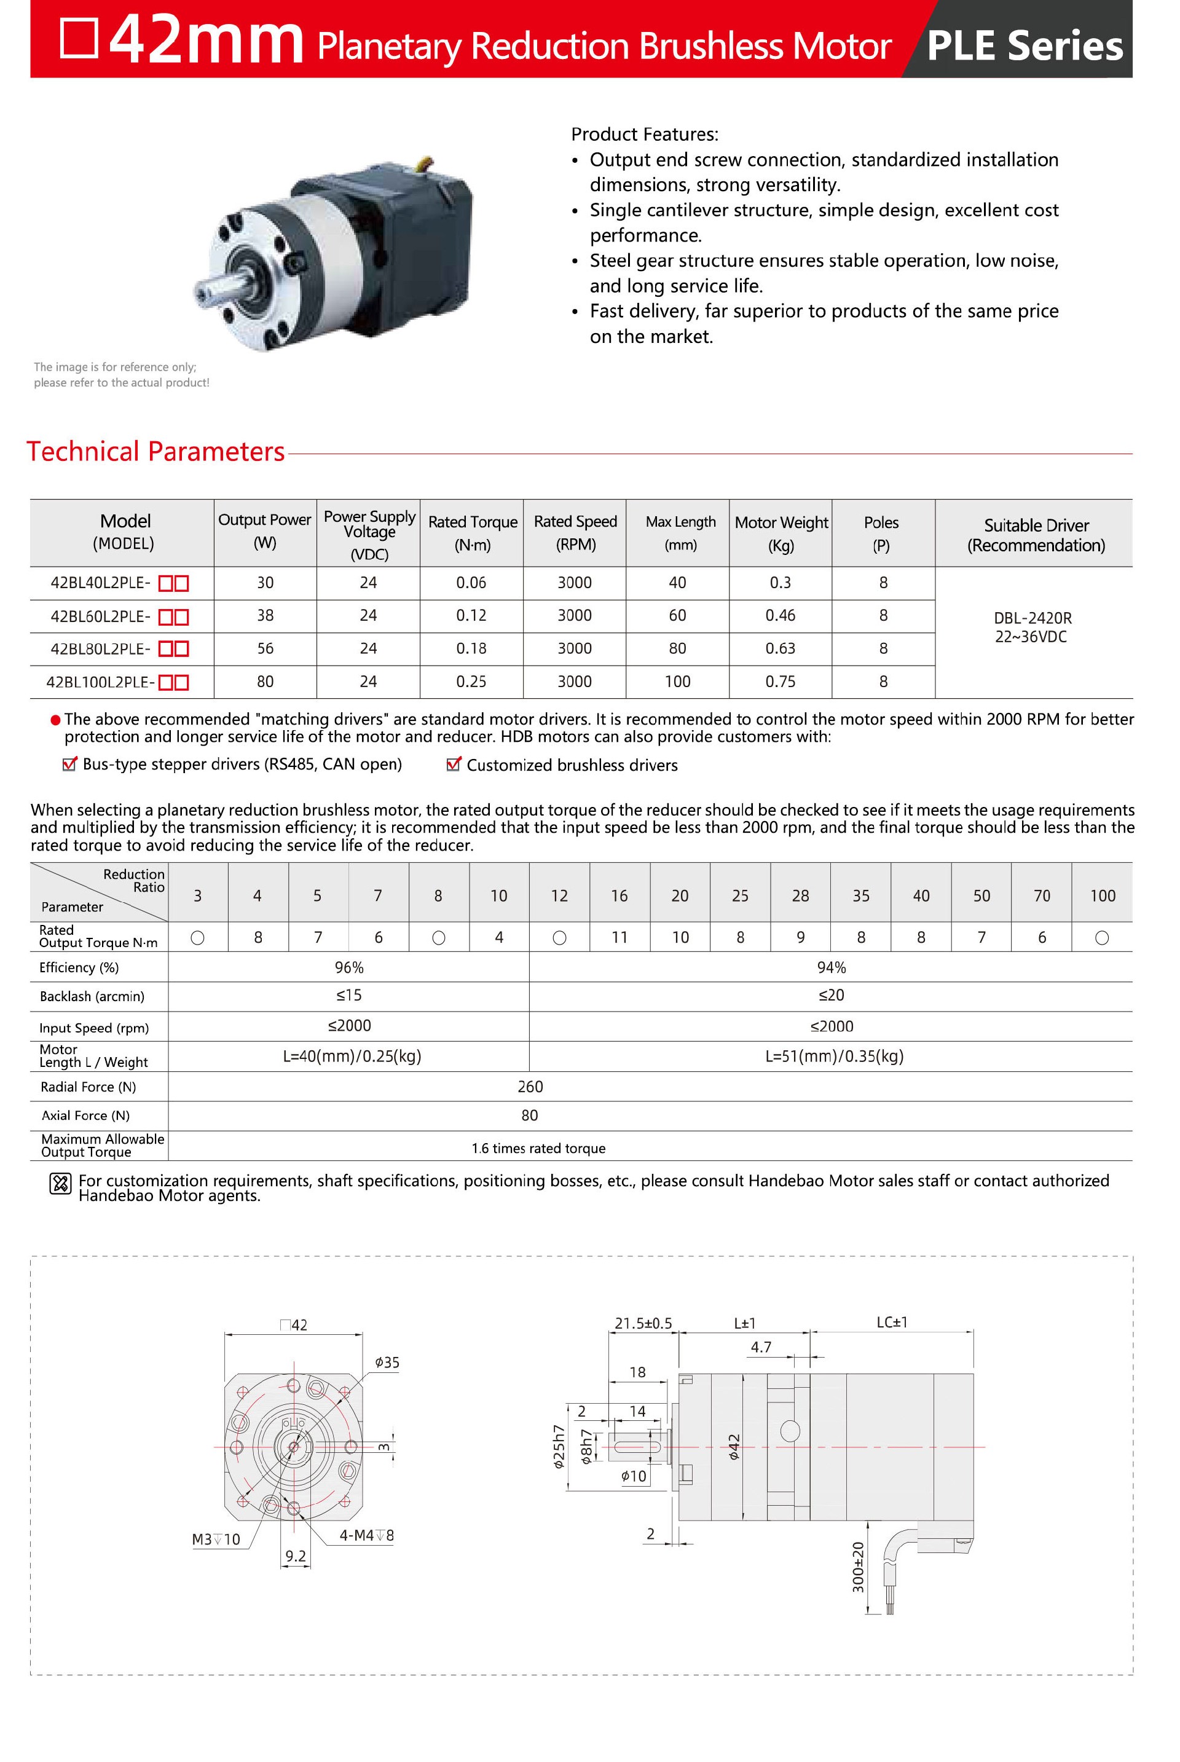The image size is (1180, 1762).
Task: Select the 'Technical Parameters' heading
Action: [155, 452]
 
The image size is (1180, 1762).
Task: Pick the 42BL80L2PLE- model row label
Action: [100, 648]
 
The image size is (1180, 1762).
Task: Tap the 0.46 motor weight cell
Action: [781, 615]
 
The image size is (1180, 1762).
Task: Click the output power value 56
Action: [265, 648]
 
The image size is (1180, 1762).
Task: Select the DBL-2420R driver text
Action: [1032, 618]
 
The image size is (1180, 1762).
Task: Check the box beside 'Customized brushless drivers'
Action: [453, 765]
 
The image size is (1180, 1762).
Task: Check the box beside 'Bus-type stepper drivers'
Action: [69, 765]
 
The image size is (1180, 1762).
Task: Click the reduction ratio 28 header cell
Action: [800, 895]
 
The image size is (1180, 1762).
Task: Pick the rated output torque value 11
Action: [619, 937]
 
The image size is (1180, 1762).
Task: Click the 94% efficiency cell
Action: [831, 967]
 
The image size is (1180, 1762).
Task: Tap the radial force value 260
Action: [530, 1087]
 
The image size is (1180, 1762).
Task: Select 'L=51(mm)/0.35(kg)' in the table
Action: [834, 1056]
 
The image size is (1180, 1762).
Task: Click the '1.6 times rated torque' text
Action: [538, 1148]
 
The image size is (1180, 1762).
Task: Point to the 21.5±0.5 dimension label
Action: [643, 1323]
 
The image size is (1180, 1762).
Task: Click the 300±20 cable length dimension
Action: [858, 1567]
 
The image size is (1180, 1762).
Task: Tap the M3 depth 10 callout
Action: [216, 1540]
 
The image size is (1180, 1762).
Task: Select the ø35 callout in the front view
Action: [387, 1363]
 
